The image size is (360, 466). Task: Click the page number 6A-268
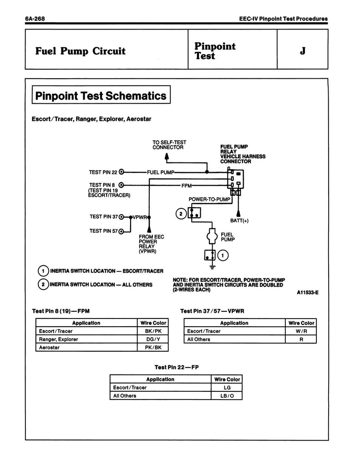(34, 19)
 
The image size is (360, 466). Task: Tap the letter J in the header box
(302, 51)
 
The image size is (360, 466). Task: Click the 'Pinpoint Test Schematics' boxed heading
(101, 96)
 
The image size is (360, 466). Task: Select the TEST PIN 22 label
(103, 172)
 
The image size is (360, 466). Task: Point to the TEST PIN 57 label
(103, 231)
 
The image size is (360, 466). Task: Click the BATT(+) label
(239, 221)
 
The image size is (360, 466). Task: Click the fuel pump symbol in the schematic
(211, 236)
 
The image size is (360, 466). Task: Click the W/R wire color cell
(301, 331)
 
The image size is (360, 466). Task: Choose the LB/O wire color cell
(227, 395)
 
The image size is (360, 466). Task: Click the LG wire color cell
(227, 387)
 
